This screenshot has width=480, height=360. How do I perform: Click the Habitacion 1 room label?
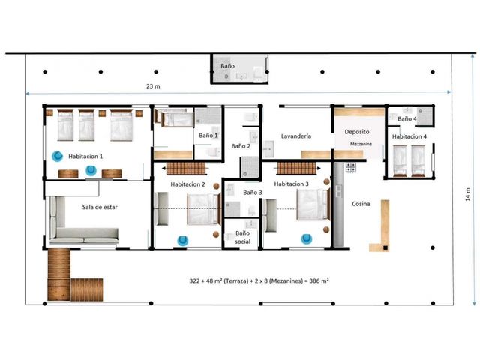click(85, 157)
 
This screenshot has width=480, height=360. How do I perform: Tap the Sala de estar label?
click(100, 207)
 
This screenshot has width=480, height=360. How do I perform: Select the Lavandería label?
click(296, 136)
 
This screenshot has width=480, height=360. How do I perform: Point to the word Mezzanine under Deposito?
click(361, 144)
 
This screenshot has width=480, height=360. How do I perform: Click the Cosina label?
click(361, 204)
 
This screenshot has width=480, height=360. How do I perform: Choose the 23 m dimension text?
click(153, 86)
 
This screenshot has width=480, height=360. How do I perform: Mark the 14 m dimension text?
click(468, 194)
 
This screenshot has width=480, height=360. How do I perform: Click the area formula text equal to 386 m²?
click(259, 280)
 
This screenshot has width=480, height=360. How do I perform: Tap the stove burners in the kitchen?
click(351, 167)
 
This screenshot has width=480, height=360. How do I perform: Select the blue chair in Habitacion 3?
click(307, 238)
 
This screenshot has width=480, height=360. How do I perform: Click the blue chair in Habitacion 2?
click(183, 241)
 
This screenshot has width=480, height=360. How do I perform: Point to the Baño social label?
click(243, 237)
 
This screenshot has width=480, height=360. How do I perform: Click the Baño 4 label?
click(407, 118)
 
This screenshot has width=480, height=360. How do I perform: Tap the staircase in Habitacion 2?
click(186, 169)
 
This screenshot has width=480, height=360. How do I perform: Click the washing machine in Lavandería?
click(268, 149)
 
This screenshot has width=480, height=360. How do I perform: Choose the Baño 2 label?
click(241, 146)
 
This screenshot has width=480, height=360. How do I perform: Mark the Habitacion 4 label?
click(409, 136)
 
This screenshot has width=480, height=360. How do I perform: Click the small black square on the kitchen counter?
click(385, 247)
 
